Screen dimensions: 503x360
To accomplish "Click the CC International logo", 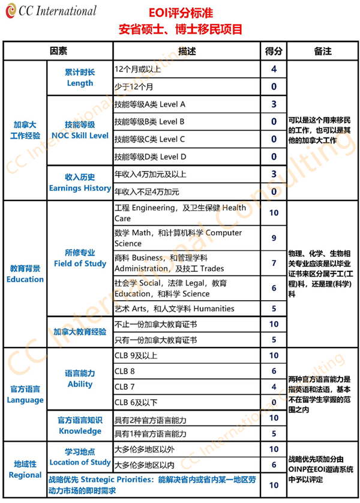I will coord(51,11).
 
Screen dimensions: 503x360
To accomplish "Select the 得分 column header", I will coord(274,52).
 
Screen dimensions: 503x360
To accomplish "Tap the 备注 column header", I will coord(322,52).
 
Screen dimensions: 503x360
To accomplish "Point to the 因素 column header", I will coord(58,52).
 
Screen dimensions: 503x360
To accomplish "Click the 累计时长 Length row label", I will coord(80,77).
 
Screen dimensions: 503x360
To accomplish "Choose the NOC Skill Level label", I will coord(80,130).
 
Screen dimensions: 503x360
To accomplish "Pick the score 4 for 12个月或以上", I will coord(274,69).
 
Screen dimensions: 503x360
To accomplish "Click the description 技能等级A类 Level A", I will coord(149,104).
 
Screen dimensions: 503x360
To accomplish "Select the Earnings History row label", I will coord(80,182).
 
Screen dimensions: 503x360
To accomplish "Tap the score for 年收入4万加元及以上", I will coord(274,174).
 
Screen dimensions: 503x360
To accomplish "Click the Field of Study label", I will coord(80,258).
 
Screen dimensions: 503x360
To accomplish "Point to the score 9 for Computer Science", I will coord(274,238).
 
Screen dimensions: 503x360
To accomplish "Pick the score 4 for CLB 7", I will coord(274,387).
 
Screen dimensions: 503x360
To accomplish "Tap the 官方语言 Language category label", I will coord(25,394).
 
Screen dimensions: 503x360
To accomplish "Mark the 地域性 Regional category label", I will coord(25,469).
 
